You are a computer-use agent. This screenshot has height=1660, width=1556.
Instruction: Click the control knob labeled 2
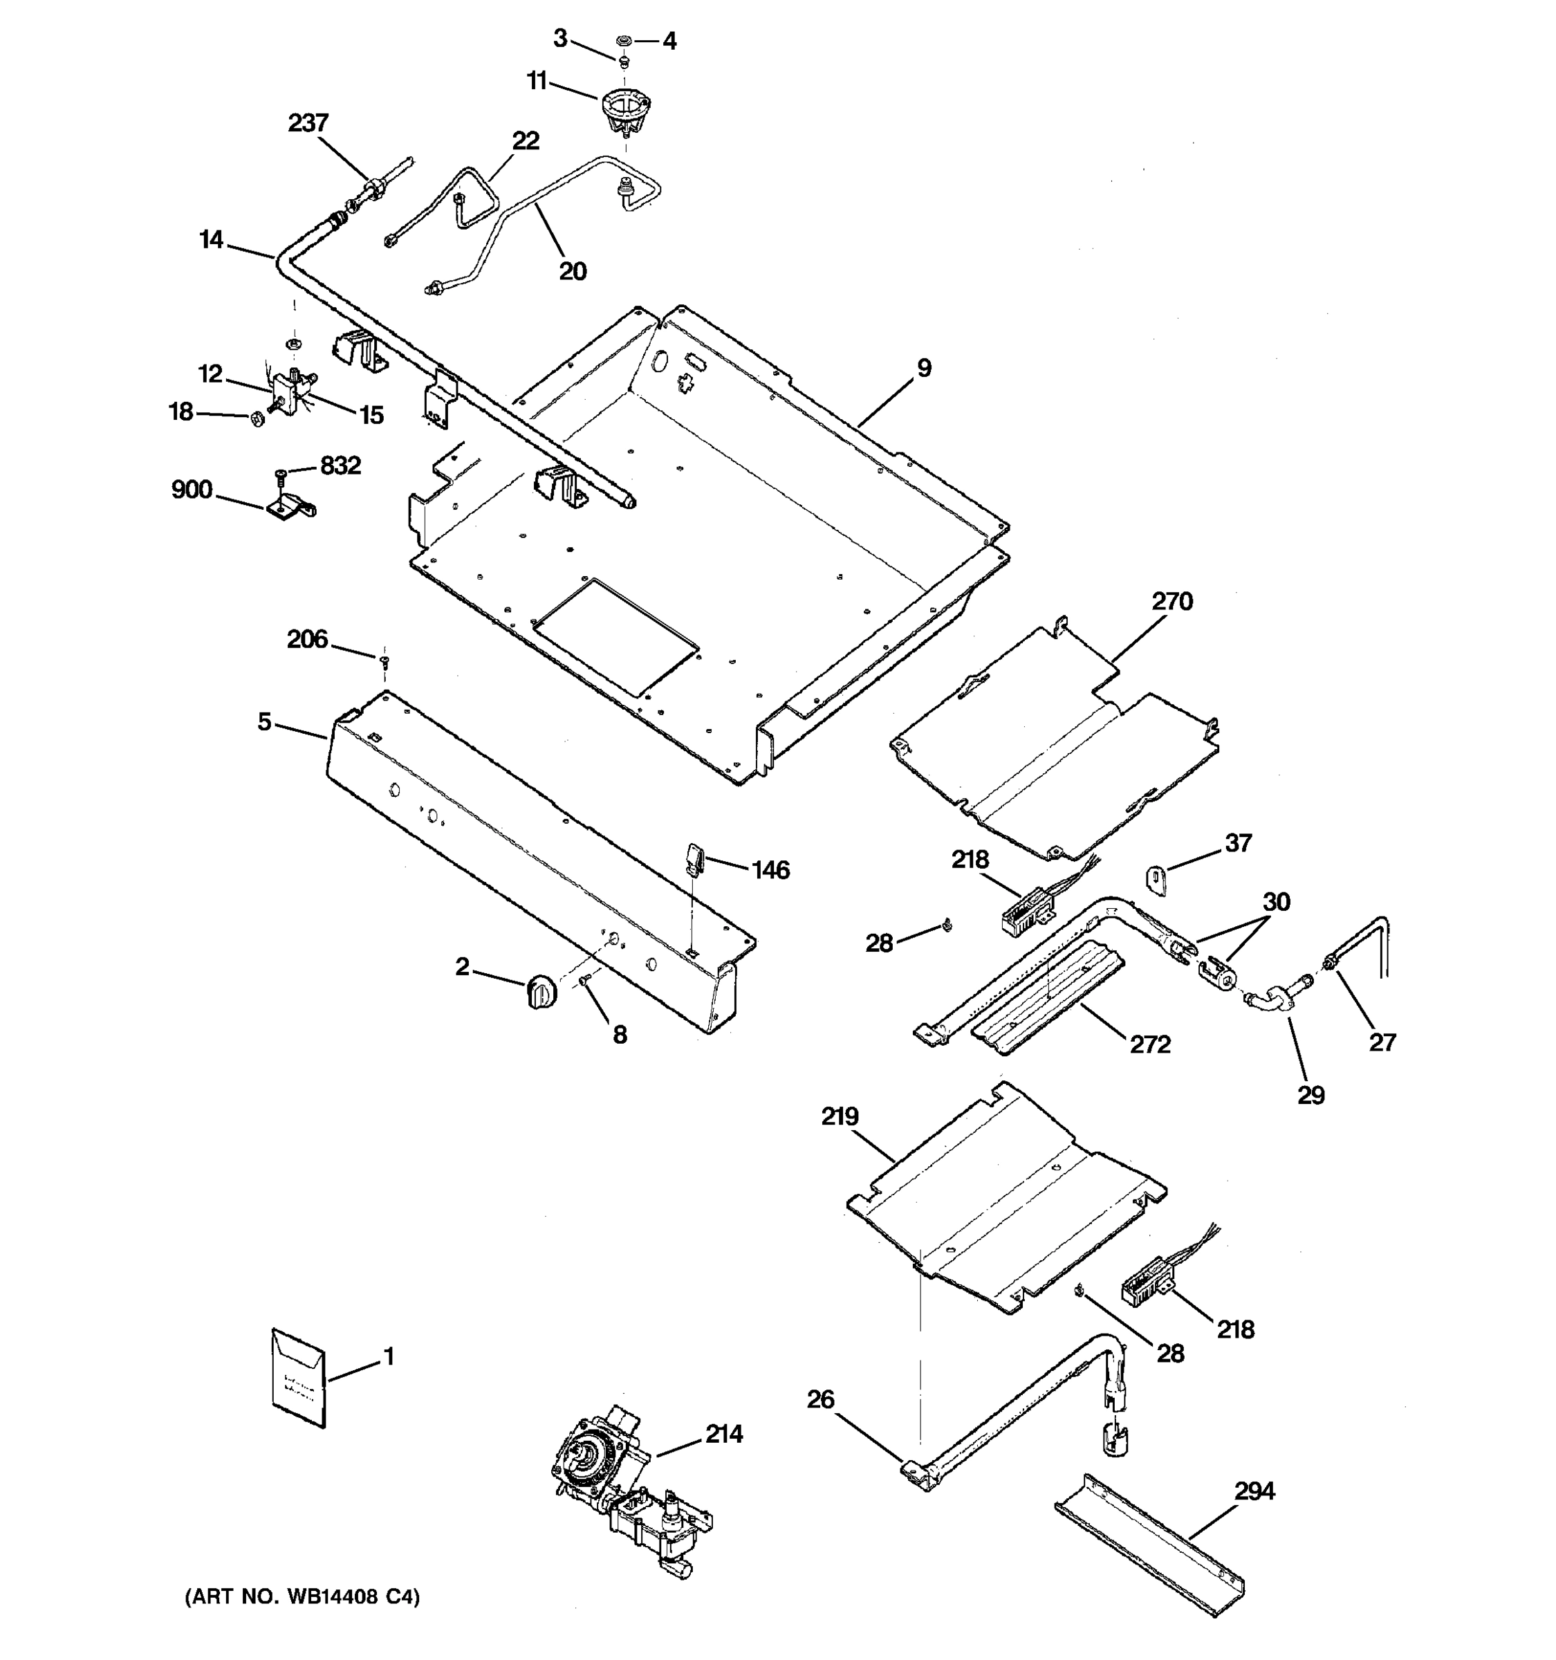541,990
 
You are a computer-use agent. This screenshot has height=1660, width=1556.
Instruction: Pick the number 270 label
1172,601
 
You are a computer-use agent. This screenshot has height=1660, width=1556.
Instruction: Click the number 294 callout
1254,1491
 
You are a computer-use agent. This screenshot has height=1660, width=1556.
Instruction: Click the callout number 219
839,1116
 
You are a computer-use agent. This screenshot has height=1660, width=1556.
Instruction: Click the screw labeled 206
384,662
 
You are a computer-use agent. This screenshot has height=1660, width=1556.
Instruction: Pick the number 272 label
1149,1044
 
